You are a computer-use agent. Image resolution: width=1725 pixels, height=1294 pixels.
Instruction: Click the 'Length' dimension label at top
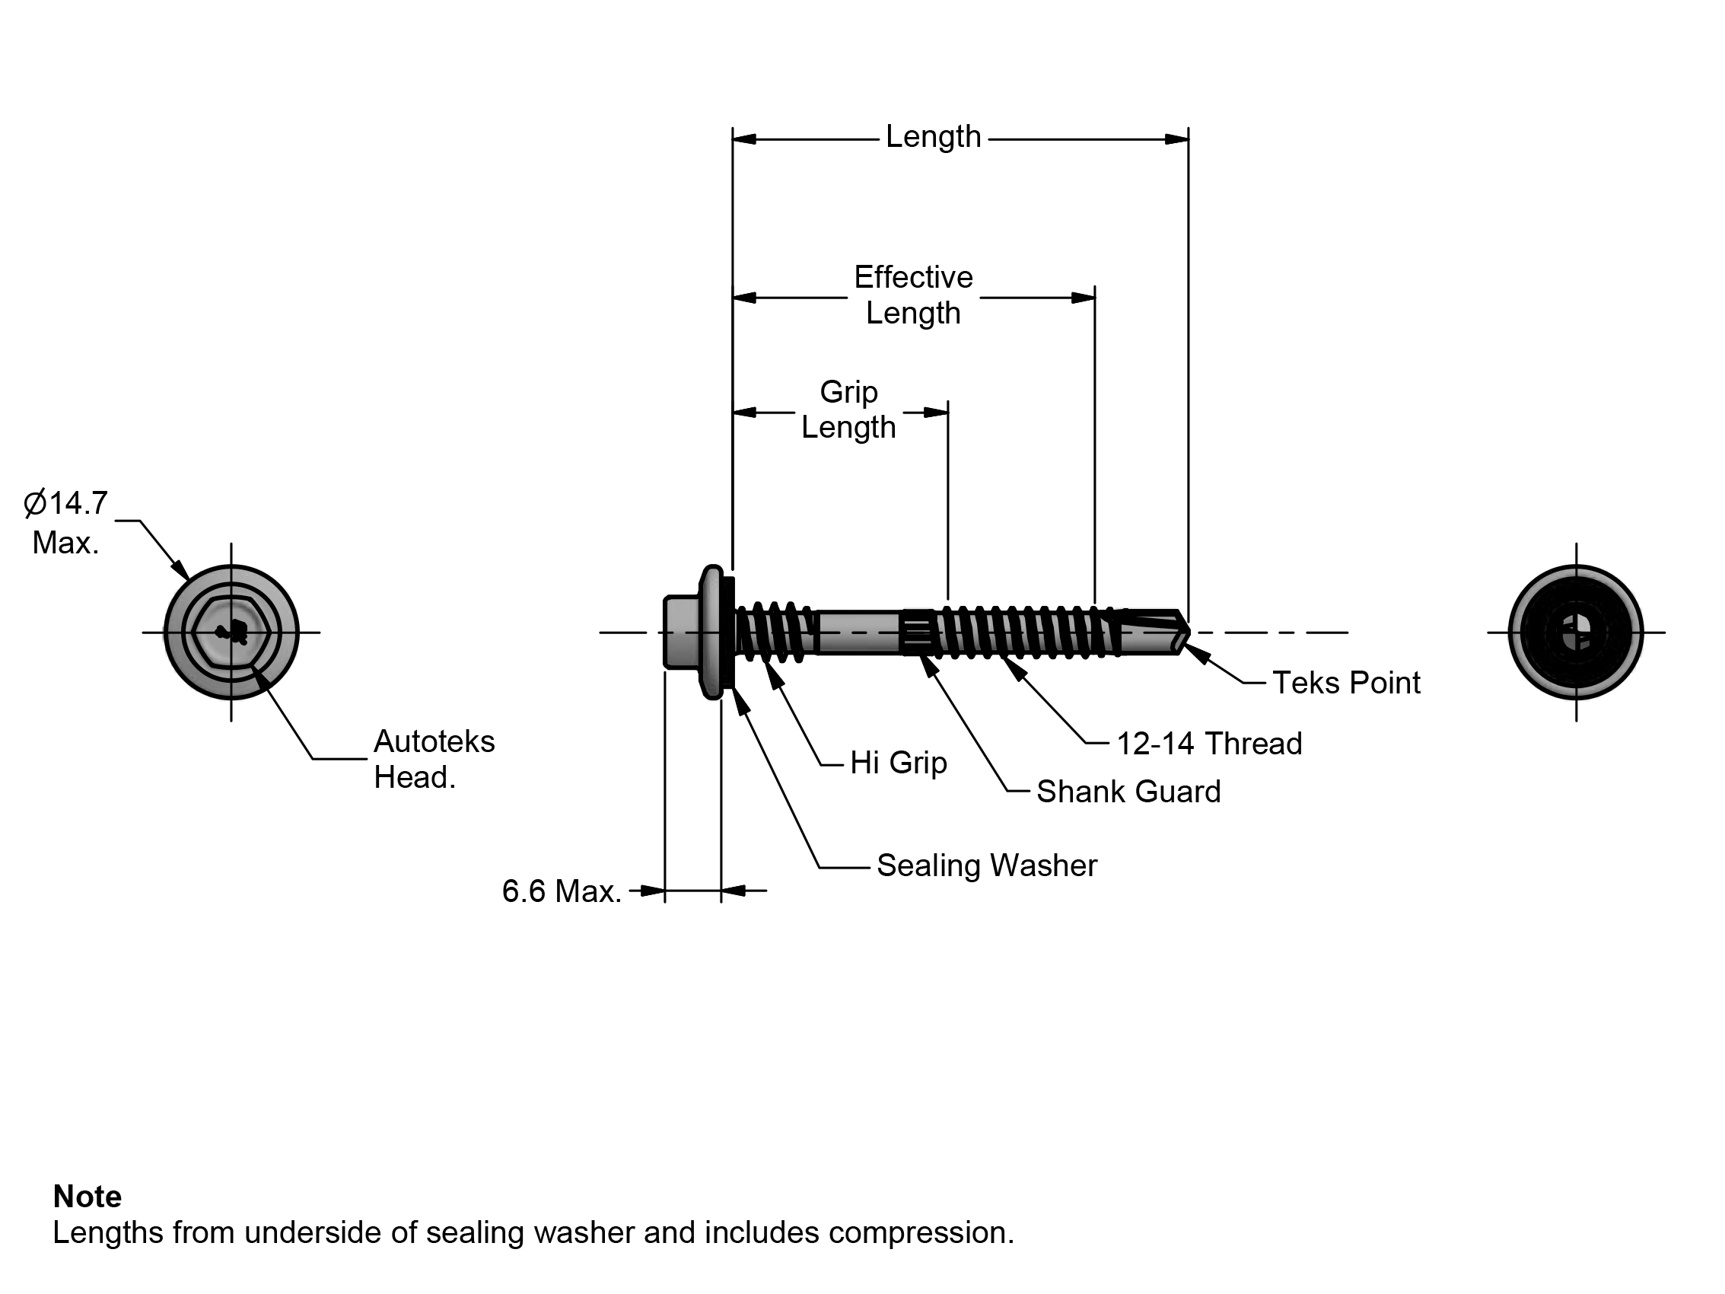point(933,137)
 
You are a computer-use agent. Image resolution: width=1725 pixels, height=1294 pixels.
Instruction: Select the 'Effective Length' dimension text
point(913,295)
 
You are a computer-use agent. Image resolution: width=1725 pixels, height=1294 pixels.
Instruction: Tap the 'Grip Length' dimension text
point(848,410)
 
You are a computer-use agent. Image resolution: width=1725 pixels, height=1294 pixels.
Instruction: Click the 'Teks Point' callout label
point(1346,684)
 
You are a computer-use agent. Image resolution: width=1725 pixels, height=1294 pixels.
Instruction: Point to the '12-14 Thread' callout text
point(1209,744)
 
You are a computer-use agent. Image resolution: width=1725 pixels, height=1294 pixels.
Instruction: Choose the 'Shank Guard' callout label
point(1128,792)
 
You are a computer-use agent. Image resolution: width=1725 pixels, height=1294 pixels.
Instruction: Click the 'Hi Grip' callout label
point(899,763)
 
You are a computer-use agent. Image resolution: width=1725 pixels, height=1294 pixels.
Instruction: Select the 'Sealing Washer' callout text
point(986,865)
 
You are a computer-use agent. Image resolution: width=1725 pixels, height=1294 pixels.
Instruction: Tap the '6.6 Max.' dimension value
point(562,891)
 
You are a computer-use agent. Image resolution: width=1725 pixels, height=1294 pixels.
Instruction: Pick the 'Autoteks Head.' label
point(434,759)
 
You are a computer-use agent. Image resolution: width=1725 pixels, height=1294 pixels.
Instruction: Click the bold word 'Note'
point(88,1197)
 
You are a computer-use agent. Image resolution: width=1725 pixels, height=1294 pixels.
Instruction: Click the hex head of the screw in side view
point(680,633)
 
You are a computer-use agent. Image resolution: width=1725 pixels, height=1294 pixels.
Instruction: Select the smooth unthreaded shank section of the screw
point(858,633)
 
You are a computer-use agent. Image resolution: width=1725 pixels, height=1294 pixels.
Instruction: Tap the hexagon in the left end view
point(231,633)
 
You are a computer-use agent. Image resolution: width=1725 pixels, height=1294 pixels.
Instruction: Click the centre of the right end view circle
point(1576,633)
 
